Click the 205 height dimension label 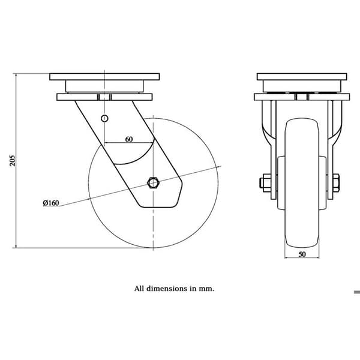point(13,161)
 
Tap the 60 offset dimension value point(129,139)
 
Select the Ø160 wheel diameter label point(51,203)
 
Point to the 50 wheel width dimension point(302,254)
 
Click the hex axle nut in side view point(153,183)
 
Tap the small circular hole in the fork point(104,118)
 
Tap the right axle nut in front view point(336,183)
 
